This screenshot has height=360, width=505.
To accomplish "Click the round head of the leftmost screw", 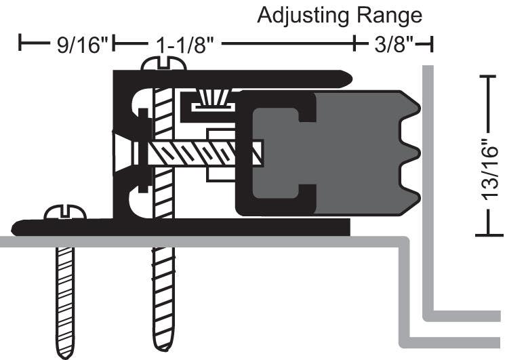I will tap(65, 213).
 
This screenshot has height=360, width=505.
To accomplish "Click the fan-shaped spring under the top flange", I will tap(212, 98).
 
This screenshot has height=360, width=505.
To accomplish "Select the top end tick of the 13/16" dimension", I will tap(489, 77).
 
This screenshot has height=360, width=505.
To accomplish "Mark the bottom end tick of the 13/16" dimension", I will tap(489, 235).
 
